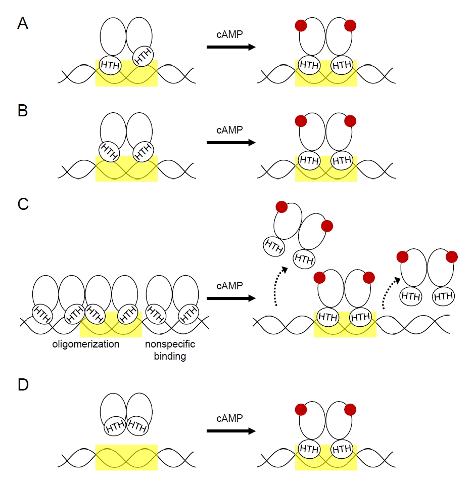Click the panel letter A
click(23, 23)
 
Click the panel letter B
click(23, 110)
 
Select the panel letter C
click(23, 204)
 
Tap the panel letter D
click(23, 385)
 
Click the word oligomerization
click(86, 344)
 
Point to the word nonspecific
click(170, 344)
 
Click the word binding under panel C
click(170, 356)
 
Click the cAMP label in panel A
click(230, 34)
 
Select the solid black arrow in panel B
click(231, 142)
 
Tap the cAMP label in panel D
click(230, 418)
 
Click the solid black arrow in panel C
click(231, 298)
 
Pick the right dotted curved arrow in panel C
click(388, 291)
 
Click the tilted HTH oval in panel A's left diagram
click(143, 56)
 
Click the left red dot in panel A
click(301, 26)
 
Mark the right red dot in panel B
click(350, 121)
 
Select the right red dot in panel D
click(350, 410)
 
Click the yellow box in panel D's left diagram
click(126, 457)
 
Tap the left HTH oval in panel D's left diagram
click(115, 426)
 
